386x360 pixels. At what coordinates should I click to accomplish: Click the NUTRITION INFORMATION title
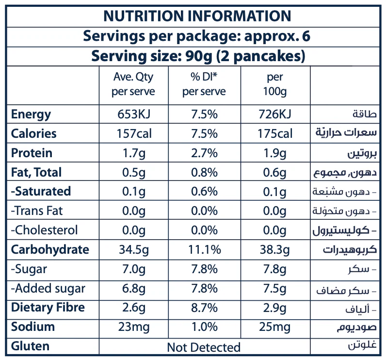click(x=197, y=16)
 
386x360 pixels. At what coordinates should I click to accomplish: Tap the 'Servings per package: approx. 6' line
click(x=197, y=36)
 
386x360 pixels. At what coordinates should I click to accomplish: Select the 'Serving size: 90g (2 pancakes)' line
click(x=198, y=56)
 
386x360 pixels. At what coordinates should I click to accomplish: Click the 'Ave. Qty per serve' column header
click(x=133, y=84)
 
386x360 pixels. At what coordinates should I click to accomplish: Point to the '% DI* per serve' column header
click(x=204, y=84)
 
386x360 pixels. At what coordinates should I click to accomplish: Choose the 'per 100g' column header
click(x=275, y=84)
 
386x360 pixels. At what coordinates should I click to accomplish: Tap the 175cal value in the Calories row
click(x=275, y=134)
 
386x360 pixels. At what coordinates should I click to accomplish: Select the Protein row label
click(x=32, y=153)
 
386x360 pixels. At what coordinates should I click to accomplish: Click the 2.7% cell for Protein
click(x=204, y=153)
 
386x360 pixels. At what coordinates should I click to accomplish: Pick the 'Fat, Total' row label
click(x=36, y=173)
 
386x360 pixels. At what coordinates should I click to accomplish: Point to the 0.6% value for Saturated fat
click(x=204, y=192)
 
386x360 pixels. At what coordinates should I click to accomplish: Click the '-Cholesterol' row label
click(x=44, y=230)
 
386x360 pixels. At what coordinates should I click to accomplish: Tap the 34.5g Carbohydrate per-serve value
click(x=133, y=250)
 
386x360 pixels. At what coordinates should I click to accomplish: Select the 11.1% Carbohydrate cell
click(x=204, y=250)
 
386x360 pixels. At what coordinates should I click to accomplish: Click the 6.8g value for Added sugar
click(x=133, y=289)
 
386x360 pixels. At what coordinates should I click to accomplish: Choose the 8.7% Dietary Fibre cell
click(x=204, y=308)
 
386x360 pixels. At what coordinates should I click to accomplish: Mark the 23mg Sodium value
click(x=133, y=327)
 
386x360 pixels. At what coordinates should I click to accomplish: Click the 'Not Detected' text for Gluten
click(x=204, y=347)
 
